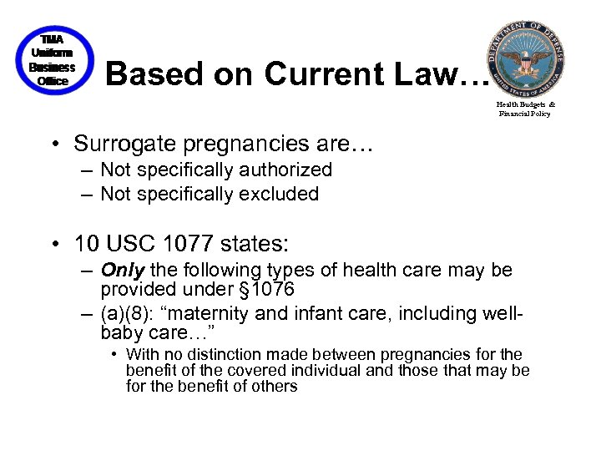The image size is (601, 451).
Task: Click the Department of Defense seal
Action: click(525, 58)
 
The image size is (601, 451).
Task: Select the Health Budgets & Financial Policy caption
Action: click(525, 109)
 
